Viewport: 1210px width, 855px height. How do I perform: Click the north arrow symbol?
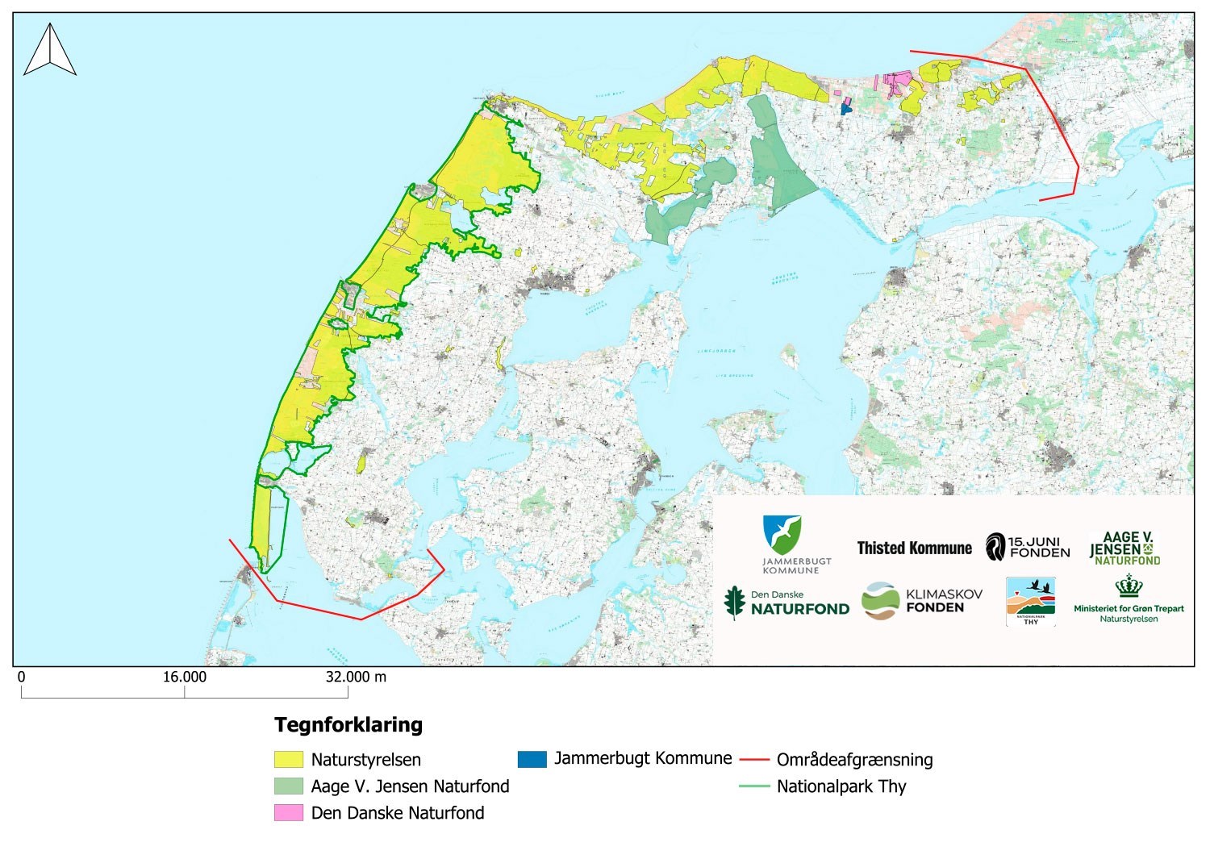coord(50,50)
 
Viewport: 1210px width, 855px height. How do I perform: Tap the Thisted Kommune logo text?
coord(914,548)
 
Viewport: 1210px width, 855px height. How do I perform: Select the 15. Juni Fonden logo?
coord(1028,547)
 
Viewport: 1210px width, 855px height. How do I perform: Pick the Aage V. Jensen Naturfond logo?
coord(1124,548)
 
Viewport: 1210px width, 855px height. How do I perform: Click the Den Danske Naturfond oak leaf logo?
coord(734,603)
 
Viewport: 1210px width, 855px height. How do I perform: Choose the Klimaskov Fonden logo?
coord(921,601)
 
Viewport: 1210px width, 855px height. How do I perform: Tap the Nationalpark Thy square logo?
coord(1030,601)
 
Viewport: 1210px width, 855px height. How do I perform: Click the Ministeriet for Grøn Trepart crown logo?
coord(1129,586)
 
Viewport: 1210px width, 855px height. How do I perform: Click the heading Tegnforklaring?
coord(348,724)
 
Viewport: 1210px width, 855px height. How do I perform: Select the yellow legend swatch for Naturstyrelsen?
coord(288,759)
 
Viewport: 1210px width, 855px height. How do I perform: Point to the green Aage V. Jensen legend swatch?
coord(288,786)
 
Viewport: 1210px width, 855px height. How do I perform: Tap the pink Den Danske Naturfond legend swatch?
coord(288,812)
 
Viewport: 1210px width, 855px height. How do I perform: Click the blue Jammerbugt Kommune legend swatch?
coord(532,758)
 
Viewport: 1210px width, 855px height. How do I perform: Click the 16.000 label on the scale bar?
coord(185,677)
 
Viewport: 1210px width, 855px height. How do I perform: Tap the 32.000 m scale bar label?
coord(355,677)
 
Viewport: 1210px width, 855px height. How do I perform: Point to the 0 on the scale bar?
coord(22,677)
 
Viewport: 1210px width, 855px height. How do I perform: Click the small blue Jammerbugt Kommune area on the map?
coord(845,106)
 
